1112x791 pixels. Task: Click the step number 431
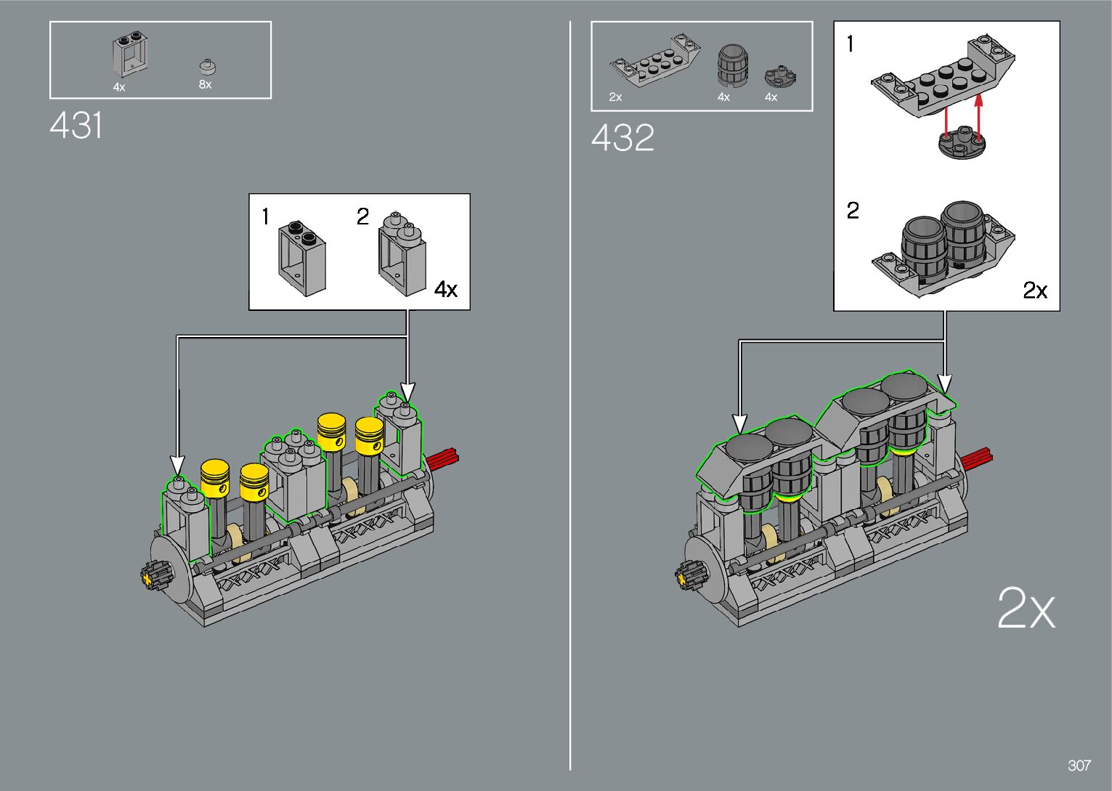76,125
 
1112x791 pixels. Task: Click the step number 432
622,137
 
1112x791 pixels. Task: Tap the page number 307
1079,765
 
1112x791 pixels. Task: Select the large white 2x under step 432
1026,608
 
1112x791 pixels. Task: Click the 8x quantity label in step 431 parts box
205,84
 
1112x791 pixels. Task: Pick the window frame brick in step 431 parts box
131,56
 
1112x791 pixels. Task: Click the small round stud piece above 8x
208,66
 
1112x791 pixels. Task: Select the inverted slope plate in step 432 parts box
655,59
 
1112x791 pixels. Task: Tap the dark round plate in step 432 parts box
780,76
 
